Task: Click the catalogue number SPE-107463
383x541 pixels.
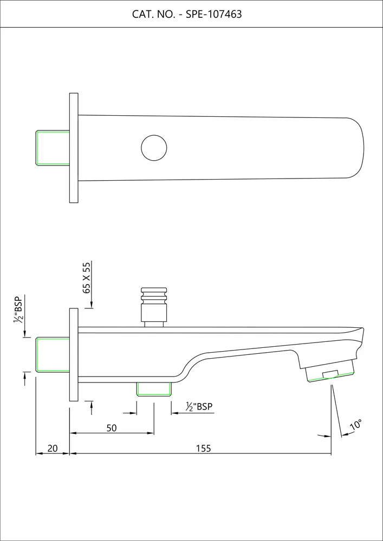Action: pyautogui.click(x=214, y=14)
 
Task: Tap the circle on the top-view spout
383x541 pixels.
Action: pyautogui.click(x=154, y=148)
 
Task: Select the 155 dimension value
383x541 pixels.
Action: pyautogui.click(x=203, y=448)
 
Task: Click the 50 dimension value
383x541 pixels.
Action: pyautogui.click(x=112, y=428)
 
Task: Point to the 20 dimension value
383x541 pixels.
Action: pyautogui.click(x=52, y=448)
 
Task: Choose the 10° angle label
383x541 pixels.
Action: pyautogui.click(x=356, y=424)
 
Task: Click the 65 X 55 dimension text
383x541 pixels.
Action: pyautogui.click(x=87, y=278)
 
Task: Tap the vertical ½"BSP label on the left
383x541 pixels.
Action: pyautogui.click(x=18, y=309)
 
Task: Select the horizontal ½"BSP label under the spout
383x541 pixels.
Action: pyautogui.click(x=199, y=406)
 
